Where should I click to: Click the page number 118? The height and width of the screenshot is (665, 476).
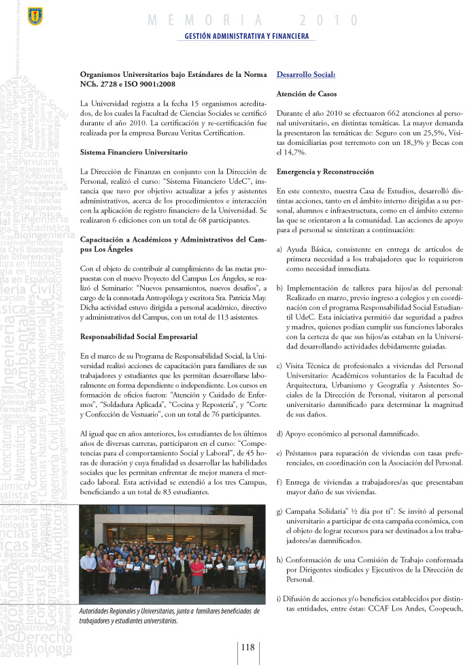point(247,647)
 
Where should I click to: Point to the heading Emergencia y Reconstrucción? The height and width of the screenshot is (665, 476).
point(326,172)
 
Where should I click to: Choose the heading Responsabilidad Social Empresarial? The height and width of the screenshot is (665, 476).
point(139,336)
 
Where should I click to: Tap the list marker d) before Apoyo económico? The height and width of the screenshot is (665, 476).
point(280,433)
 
